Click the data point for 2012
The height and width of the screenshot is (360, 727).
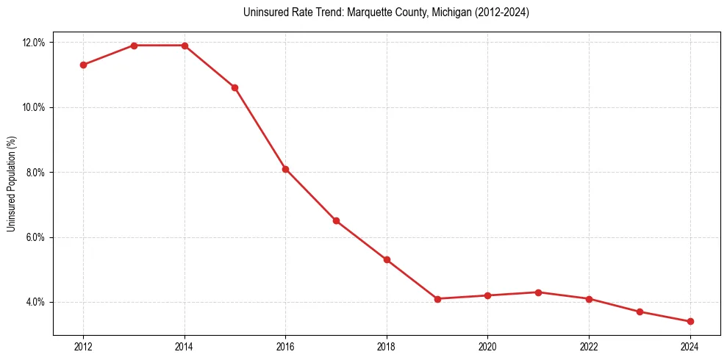83,65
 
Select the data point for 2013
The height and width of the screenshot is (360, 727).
134,46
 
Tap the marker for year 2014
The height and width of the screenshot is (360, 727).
185,46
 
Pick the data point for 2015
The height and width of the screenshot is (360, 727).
234,87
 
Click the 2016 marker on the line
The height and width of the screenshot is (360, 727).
285,169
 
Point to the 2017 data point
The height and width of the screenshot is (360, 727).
336,220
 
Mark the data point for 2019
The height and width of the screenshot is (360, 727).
437,299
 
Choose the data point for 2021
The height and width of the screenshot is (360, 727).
538,292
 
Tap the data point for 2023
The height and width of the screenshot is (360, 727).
640,312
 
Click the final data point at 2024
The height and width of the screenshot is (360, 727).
690,321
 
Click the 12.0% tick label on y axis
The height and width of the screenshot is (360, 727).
34,43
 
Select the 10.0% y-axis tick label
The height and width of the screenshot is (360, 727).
34,107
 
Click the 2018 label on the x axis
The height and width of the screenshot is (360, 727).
387,346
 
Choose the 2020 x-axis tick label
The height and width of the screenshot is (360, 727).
487,346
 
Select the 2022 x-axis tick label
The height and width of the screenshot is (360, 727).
589,346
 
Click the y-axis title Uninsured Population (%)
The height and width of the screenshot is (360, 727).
11,184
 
